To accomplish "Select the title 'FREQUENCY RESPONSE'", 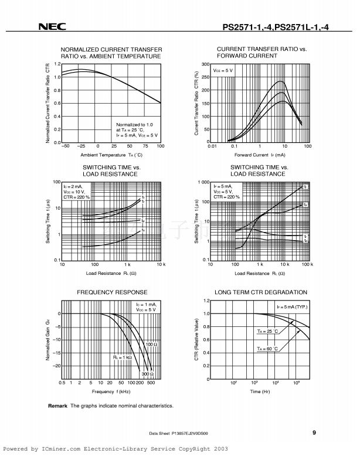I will (112, 292).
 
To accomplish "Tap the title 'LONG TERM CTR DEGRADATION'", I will (261, 292).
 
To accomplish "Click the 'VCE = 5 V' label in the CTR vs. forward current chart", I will (223, 70).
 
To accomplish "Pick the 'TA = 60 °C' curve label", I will (266, 349).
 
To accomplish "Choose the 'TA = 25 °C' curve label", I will (266, 332).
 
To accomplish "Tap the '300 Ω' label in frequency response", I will (147, 374).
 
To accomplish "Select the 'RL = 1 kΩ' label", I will (123, 356).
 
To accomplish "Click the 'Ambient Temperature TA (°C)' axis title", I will (111, 155).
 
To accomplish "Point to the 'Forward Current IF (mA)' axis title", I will (260, 155).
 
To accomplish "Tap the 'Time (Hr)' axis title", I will (260, 391).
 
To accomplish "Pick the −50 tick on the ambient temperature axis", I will (65, 146).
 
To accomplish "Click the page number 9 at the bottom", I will (314, 433).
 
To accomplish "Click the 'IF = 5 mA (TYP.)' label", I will (292, 307).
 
